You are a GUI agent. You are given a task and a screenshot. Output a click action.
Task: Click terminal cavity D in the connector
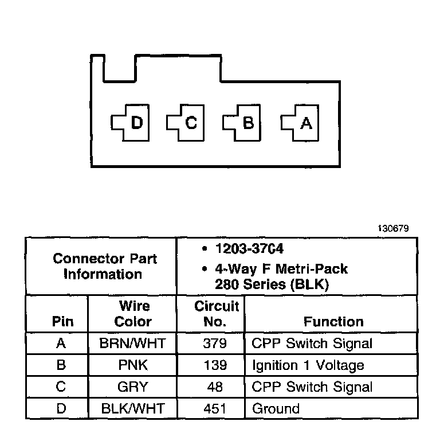point(131,123)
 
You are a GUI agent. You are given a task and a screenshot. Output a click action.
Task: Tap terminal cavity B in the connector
point(243,123)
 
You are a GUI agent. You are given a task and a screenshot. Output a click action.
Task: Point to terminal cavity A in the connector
point(301,123)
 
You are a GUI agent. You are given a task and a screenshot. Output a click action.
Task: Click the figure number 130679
point(393,228)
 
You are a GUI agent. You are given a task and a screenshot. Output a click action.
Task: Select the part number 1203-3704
point(249,249)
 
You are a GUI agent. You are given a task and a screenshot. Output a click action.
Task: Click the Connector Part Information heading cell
point(101,266)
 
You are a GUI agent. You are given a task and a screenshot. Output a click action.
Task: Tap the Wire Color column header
point(132,313)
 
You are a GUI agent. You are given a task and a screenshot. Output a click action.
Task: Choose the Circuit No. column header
point(211,313)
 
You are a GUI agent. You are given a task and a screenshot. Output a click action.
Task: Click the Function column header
point(333,322)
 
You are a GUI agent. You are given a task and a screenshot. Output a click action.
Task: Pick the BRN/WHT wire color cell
point(132,344)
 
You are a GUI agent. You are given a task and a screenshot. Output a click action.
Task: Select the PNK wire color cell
point(132,365)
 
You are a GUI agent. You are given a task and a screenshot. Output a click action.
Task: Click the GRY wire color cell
point(132,387)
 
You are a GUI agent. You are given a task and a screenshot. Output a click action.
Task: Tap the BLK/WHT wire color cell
point(132,409)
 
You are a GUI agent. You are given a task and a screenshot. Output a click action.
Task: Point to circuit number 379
point(211,344)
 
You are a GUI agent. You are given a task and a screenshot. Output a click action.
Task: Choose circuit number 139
point(211,365)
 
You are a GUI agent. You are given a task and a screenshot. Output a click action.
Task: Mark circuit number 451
point(211,409)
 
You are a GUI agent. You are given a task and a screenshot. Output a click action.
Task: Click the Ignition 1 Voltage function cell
point(308,365)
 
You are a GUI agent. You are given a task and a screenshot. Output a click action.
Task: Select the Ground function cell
point(276,409)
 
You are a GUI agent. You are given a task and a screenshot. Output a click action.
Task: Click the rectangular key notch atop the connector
point(120,69)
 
